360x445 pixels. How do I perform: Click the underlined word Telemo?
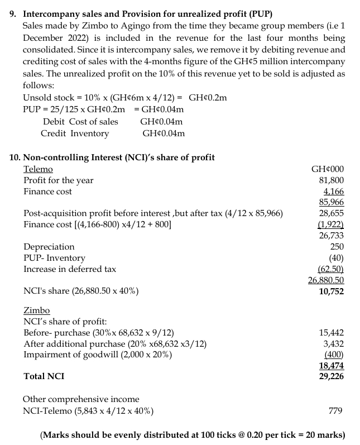[x=38, y=169]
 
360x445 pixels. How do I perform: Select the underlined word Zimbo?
[x=36, y=310]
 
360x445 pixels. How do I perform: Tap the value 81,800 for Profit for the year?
[x=332, y=180]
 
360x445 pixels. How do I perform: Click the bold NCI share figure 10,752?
[x=331, y=291]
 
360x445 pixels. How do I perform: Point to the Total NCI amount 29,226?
[x=331, y=376]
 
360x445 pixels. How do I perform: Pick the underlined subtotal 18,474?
[x=331, y=366]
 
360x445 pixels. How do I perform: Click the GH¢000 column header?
[x=328, y=169]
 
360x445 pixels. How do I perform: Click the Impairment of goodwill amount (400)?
[x=334, y=355]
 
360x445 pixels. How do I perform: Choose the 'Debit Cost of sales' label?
[x=80, y=122]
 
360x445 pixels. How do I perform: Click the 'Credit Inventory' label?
[x=75, y=133]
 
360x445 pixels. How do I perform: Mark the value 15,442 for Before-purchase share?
[x=332, y=332]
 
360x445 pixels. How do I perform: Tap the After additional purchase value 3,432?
[x=334, y=343]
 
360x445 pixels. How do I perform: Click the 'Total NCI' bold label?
[x=44, y=376]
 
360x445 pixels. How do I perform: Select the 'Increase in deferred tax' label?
[x=70, y=269]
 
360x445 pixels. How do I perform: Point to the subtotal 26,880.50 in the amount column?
[x=326, y=280]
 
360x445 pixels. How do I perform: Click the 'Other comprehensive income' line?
[x=81, y=399]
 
